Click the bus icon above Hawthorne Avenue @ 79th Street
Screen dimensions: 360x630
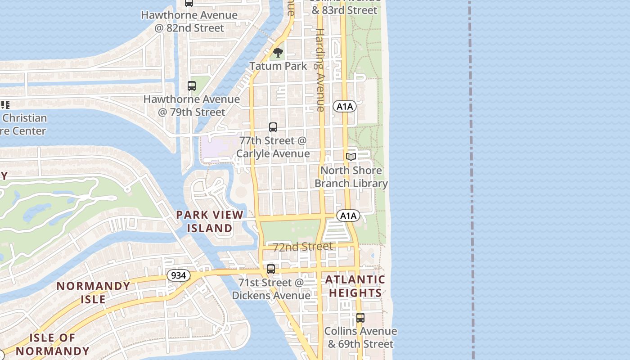(192, 85)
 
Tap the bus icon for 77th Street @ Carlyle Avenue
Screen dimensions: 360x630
(273, 127)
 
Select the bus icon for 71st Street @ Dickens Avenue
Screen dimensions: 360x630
(270, 269)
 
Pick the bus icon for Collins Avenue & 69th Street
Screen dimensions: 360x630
(360, 318)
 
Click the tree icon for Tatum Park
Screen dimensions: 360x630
(278, 53)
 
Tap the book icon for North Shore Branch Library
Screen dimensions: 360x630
(351, 157)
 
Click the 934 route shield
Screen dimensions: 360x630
(178, 275)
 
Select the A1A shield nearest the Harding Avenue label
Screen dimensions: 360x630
(345, 107)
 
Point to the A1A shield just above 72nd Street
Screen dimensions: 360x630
(348, 216)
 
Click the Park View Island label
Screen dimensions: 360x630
(210, 221)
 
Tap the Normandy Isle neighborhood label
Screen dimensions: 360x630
(94, 292)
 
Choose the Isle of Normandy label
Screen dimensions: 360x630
(53, 344)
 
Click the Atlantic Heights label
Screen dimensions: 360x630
(355, 286)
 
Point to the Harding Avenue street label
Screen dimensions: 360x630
(320, 70)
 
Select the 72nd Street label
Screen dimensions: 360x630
(303, 247)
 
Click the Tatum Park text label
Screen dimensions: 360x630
(278, 66)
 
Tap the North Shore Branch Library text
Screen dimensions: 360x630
(351, 177)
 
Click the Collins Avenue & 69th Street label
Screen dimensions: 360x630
(360, 337)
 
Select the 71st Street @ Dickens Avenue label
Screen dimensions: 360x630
(271, 289)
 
